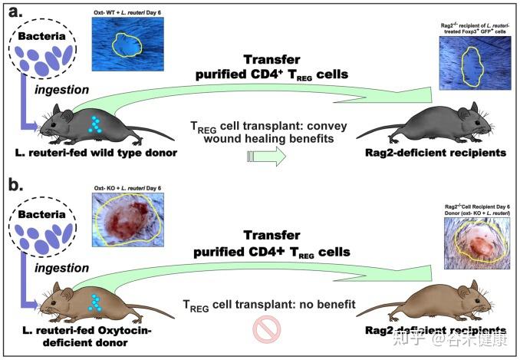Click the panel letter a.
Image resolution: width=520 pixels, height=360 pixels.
[12, 12]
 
